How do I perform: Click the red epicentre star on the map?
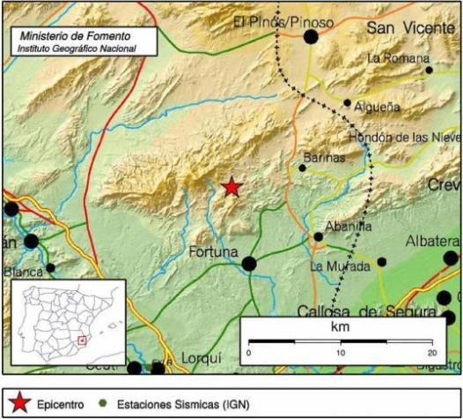click(x=231, y=187)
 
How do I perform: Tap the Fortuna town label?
click(x=214, y=253)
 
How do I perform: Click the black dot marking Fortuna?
click(x=249, y=262)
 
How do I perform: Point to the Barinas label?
click(x=322, y=157)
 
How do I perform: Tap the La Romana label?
click(x=393, y=58)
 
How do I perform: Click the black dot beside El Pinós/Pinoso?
click(x=310, y=36)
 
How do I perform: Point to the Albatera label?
click(x=433, y=242)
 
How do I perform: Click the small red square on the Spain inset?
click(x=83, y=340)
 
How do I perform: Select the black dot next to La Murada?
click(x=381, y=262)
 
